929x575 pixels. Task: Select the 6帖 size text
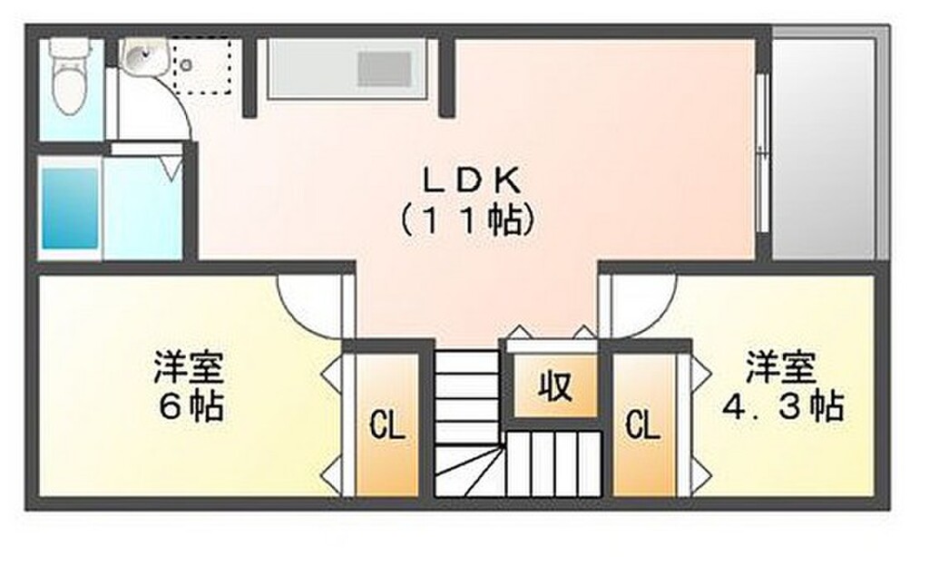[189, 408]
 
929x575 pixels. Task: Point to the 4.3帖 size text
[782, 407]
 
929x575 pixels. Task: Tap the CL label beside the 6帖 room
[386, 426]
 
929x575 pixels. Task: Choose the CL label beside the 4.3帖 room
[642, 425]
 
